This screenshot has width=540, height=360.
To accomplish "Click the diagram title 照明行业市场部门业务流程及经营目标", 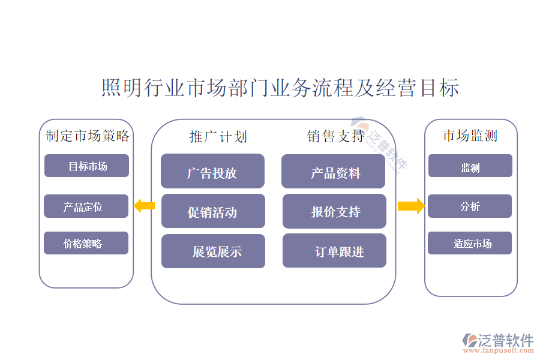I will pyautogui.click(x=280, y=88).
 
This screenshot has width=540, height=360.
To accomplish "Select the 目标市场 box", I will pyautogui.click(x=86, y=166).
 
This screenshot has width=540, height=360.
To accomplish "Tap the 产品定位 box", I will pyautogui.click(x=86, y=206).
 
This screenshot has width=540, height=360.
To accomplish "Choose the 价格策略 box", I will pyautogui.click(x=86, y=244).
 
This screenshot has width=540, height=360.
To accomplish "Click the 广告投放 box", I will pyautogui.click(x=212, y=172).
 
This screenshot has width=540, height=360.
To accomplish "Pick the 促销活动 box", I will pyautogui.click(x=213, y=211).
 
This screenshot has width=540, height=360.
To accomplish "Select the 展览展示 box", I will pyautogui.click(x=213, y=251).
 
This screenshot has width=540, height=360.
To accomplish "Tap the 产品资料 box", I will pyautogui.click(x=333, y=172).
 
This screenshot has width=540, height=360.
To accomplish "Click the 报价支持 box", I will pyautogui.click(x=334, y=211).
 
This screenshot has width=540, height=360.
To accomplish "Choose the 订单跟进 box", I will pyautogui.click(x=334, y=251).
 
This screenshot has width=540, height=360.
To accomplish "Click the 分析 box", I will pyautogui.click(x=470, y=206).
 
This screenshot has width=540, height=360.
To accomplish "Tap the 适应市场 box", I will pyautogui.click(x=470, y=244).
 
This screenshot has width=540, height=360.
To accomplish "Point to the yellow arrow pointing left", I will pyautogui.click(x=144, y=206).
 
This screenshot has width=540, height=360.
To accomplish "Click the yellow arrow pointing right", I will pyautogui.click(x=411, y=206).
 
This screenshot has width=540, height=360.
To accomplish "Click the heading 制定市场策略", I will pyautogui.click(x=88, y=136).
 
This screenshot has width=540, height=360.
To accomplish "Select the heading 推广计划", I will pyautogui.click(x=218, y=137).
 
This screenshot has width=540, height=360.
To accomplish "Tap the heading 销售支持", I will pyautogui.click(x=335, y=137).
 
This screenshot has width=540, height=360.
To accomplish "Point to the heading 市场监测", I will pyautogui.click(x=470, y=136).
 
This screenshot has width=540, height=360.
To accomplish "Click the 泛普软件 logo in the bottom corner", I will pyautogui.click(x=497, y=342).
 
